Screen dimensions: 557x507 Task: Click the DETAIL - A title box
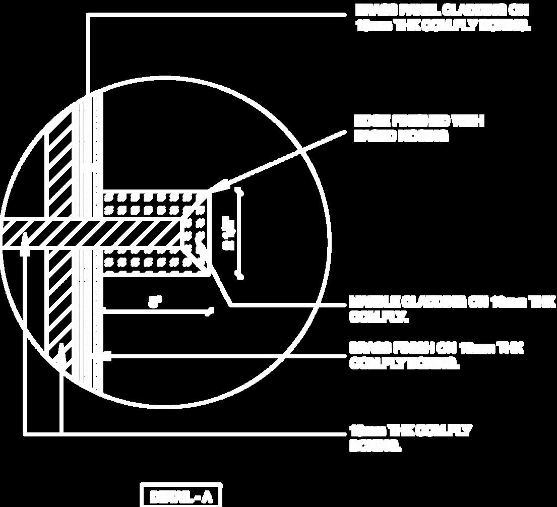180,496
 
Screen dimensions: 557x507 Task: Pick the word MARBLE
373,302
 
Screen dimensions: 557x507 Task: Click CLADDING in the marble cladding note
433,302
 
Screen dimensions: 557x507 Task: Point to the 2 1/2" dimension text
228,233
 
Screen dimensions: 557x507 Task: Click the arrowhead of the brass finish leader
106,356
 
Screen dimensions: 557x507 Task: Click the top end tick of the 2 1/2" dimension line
241,192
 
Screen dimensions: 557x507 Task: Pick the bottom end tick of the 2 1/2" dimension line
241,275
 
